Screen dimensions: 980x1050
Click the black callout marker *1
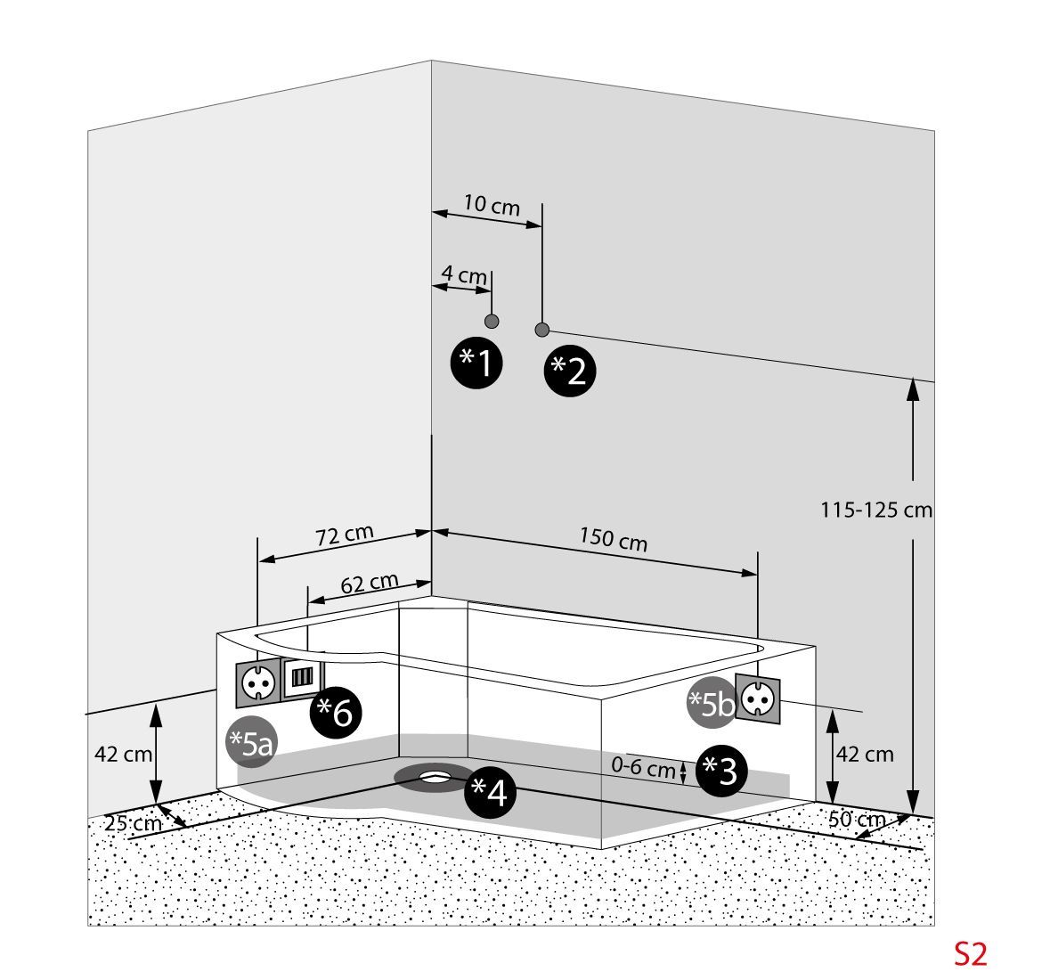[x=476, y=362]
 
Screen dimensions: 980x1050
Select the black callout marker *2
[x=570, y=370]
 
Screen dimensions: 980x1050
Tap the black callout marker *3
[x=721, y=771]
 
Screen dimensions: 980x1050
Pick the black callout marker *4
[x=490, y=790]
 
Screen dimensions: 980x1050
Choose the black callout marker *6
[x=337, y=712]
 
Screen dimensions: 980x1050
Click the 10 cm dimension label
[x=492, y=206]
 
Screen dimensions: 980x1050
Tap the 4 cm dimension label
[x=464, y=274]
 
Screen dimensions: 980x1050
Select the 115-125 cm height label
[x=875, y=510]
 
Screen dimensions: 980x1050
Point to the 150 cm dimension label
[x=613, y=539]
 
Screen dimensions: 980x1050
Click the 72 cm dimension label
[x=344, y=535]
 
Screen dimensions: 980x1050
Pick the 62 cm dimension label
[x=370, y=583]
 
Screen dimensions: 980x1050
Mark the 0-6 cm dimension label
[x=643, y=767]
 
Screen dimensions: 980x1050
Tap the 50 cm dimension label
[x=856, y=820]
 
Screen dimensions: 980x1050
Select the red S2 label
[x=971, y=954]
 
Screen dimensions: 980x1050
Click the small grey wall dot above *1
[x=492, y=321]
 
